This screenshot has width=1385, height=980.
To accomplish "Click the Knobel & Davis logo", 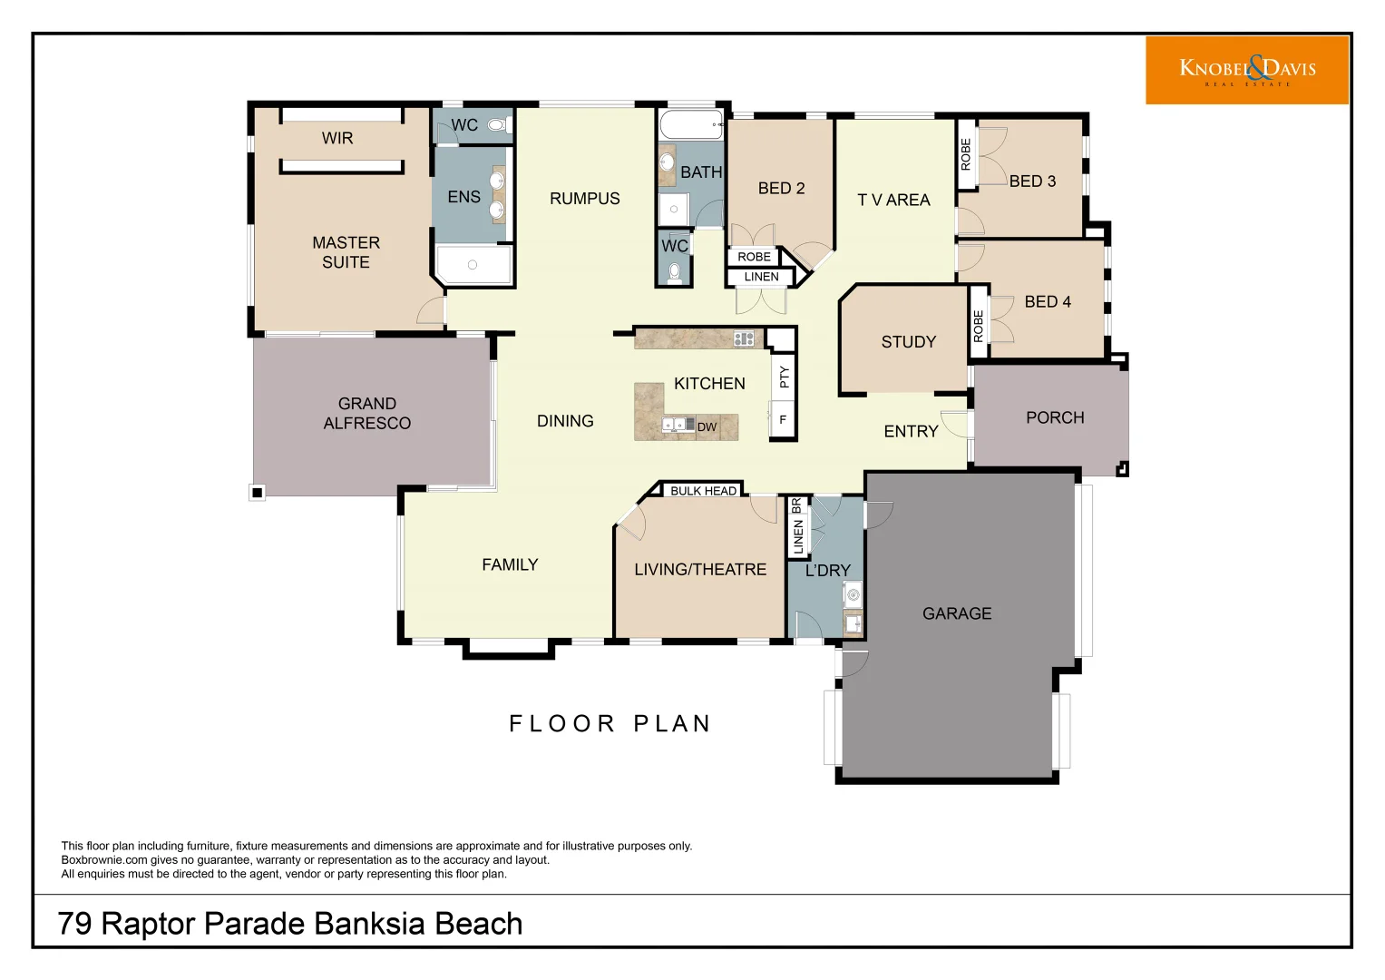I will [1246, 70].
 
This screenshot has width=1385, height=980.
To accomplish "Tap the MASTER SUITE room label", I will [346, 252].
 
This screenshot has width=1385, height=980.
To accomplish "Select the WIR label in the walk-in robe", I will [337, 138].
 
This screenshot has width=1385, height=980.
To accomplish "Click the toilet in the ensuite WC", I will [496, 125].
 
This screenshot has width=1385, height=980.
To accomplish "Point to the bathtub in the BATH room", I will [690, 124].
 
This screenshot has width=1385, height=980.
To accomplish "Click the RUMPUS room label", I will [584, 198].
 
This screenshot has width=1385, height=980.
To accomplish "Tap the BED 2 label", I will [781, 188].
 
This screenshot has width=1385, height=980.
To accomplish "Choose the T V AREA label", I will [893, 200].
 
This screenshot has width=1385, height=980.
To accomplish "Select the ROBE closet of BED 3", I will [966, 154].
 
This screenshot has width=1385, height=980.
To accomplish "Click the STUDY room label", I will [908, 342].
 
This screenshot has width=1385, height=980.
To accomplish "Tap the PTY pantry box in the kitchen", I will [784, 377].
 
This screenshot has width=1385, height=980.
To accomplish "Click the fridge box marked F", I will [783, 420].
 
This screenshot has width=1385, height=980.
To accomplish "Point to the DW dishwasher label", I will [707, 426].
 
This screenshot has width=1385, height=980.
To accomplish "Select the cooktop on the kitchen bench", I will [744, 338].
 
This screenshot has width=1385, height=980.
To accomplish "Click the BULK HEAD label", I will [703, 491].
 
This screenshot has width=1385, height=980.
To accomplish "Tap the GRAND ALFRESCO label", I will [366, 413].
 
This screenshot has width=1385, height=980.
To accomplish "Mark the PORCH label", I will [1055, 417].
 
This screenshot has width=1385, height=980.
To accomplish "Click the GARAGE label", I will [957, 613].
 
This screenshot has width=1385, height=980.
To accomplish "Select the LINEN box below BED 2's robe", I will [761, 277].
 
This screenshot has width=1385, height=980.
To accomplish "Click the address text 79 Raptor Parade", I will [289, 923].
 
